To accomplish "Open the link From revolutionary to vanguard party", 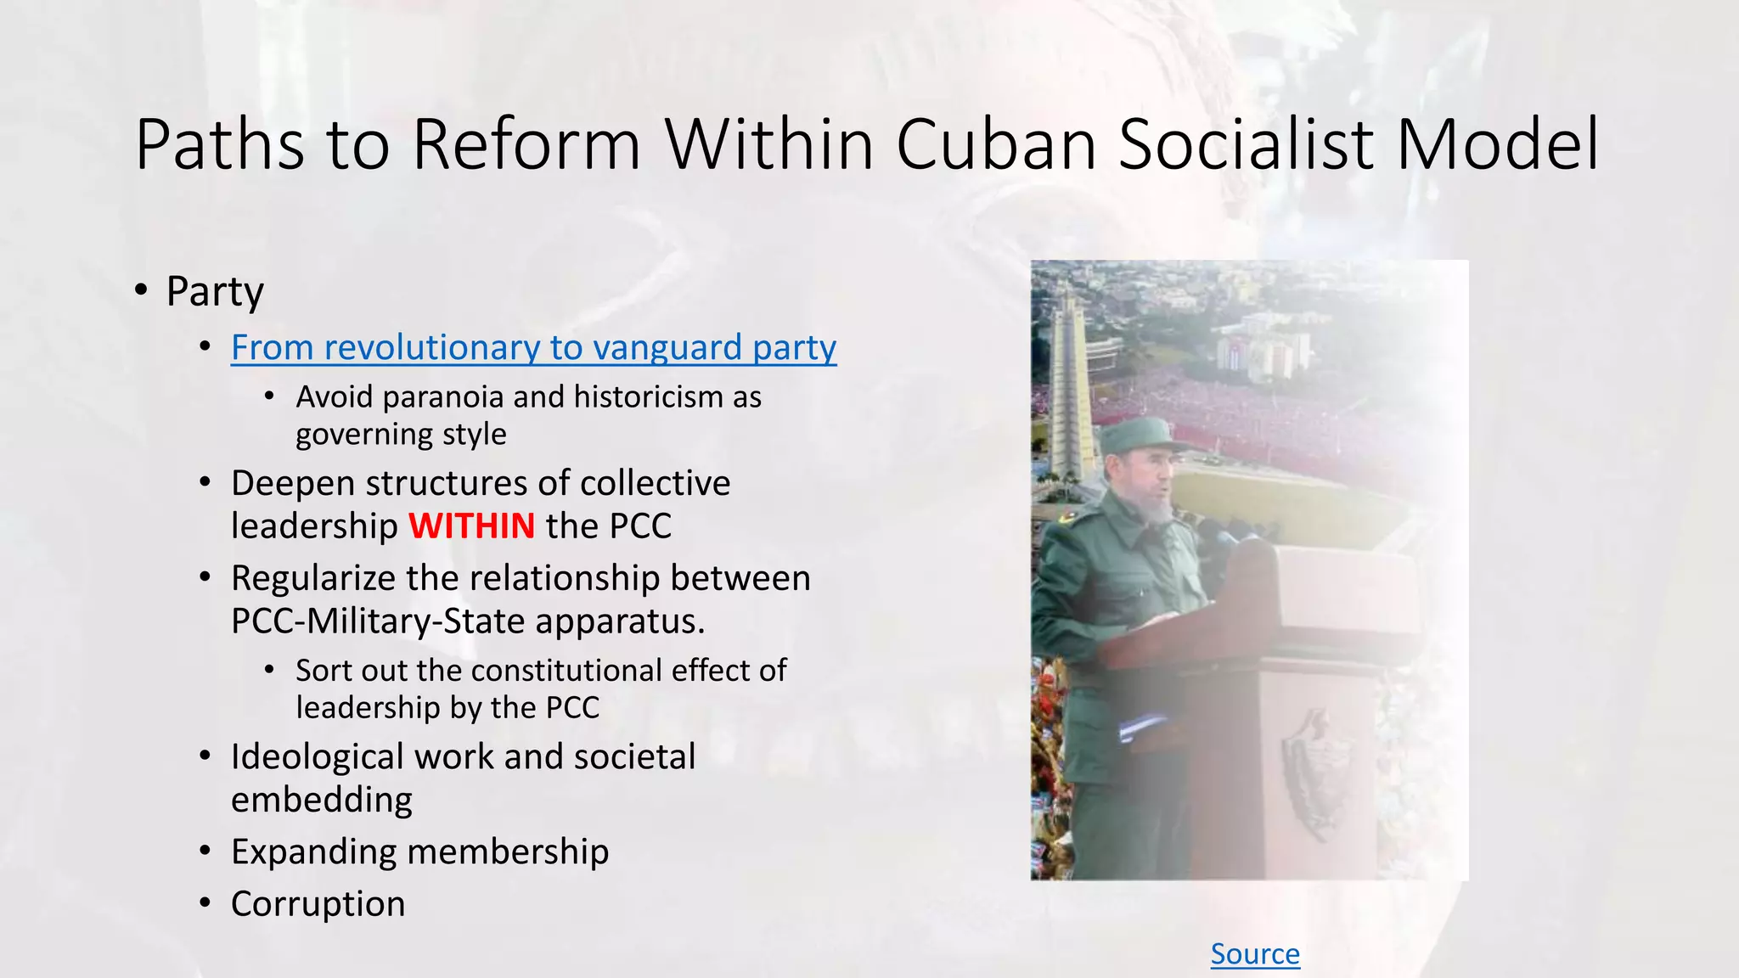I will (x=533, y=348).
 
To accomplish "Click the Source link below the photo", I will (x=1254, y=953).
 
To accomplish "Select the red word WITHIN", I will (x=471, y=526).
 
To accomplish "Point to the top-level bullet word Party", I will (x=215, y=291).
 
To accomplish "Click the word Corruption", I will (x=318, y=903).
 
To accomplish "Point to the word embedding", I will (x=321, y=800).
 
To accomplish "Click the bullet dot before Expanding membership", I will (x=205, y=851).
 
